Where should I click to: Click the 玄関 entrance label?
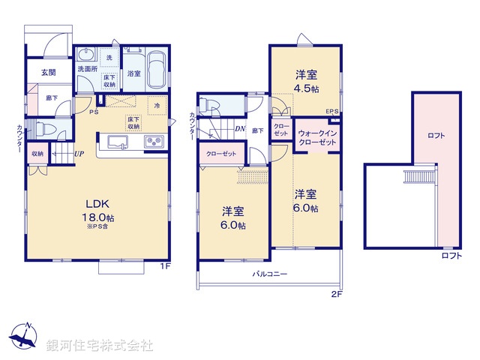point(49,73)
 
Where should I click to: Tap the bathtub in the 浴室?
point(156,73)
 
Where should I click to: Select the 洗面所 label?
point(88,70)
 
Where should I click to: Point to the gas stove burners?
point(154,142)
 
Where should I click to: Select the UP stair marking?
point(77,154)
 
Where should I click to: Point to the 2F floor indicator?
point(337,295)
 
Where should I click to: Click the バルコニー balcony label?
point(269,275)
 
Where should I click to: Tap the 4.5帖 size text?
point(305,88)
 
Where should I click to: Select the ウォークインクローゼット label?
point(319,136)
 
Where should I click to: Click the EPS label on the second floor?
point(331,112)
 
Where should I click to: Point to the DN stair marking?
point(240,130)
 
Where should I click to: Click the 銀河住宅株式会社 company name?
point(100,345)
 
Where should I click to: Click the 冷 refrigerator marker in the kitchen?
point(157,105)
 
